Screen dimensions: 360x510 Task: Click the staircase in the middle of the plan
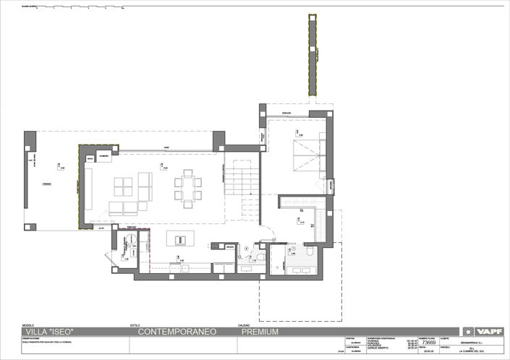[x=242, y=181]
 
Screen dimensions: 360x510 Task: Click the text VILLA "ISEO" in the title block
[x=49, y=333]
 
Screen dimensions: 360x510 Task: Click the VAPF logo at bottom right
[x=489, y=332]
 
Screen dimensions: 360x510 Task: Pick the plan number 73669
[x=428, y=345]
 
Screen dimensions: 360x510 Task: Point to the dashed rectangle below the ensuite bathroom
[x=296, y=299]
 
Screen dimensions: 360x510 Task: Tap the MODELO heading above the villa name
[x=29, y=325]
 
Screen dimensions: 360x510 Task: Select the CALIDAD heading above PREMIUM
[x=244, y=325]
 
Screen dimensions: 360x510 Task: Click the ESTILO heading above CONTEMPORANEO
[x=135, y=325]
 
